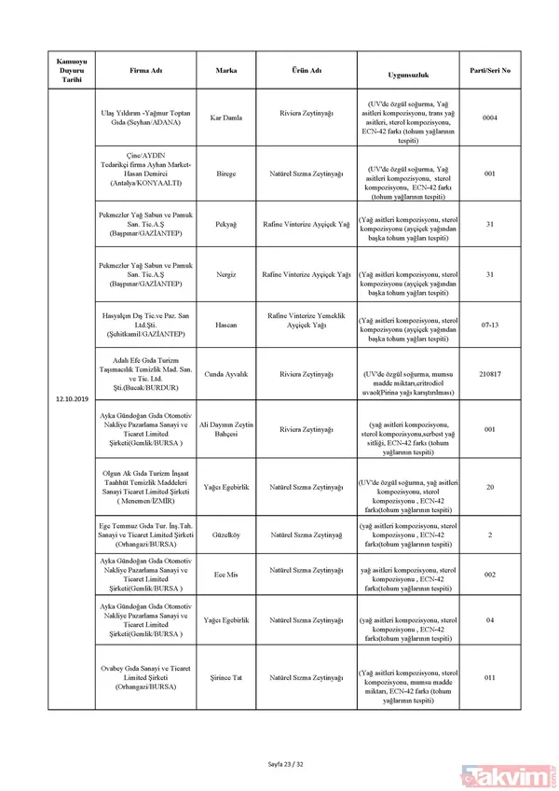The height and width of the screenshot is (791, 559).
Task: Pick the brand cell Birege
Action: point(226,173)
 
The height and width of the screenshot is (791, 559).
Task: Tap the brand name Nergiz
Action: point(226,275)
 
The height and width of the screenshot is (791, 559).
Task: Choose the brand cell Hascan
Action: point(226,325)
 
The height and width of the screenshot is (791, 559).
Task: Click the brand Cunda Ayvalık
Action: point(226,374)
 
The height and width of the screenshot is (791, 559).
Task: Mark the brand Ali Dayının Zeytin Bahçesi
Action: point(226,429)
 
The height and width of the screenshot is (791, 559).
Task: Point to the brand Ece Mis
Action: point(226,574)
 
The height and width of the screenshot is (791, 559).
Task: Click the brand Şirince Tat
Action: point(226,677)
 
